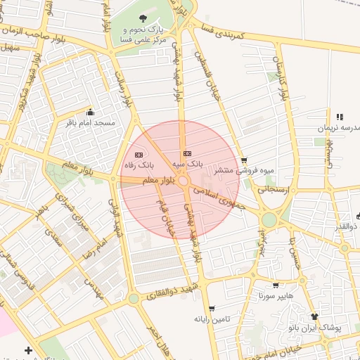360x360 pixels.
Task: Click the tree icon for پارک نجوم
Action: (x=143, y=19)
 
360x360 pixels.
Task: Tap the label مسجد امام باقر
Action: (x=91, y=123)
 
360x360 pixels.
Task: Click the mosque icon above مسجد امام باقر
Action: (x=90, y=112)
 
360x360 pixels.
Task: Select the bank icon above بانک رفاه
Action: (x=139, y=154)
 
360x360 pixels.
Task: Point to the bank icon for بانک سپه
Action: (x=187, y=153)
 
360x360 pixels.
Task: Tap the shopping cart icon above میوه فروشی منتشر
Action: (x=244, y=160)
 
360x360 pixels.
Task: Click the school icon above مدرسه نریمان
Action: (x=340, y=117)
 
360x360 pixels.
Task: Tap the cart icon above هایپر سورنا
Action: (x=274, y=285)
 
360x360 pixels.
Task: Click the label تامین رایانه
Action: (x=212, y=319)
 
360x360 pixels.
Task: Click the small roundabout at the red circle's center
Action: (x=183, y=181)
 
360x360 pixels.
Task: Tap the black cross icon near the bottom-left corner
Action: (x=28, y=349)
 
